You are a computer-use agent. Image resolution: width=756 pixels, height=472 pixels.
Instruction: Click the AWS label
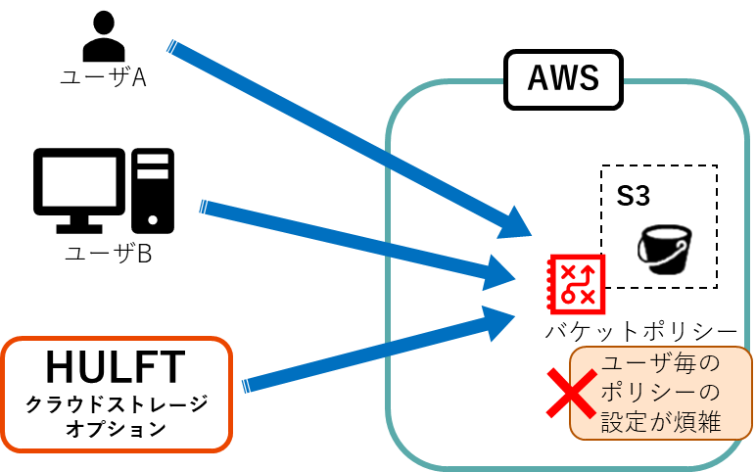point(563,77)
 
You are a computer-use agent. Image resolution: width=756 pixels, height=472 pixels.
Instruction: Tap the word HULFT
point(116,368)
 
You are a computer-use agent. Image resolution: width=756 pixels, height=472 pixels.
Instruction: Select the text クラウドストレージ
point(116,403)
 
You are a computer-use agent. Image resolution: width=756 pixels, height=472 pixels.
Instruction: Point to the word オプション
point(116,428)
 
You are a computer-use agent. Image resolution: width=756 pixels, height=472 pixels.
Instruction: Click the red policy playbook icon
point(577,283)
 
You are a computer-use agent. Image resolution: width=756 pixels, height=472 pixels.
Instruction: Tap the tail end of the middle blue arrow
point(203,207)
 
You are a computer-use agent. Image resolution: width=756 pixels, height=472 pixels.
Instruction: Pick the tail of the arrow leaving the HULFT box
point(246,386)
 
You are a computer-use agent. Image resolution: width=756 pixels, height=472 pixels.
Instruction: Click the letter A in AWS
point(539,77)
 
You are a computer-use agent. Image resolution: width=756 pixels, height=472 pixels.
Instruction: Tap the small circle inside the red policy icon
point(567,296)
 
